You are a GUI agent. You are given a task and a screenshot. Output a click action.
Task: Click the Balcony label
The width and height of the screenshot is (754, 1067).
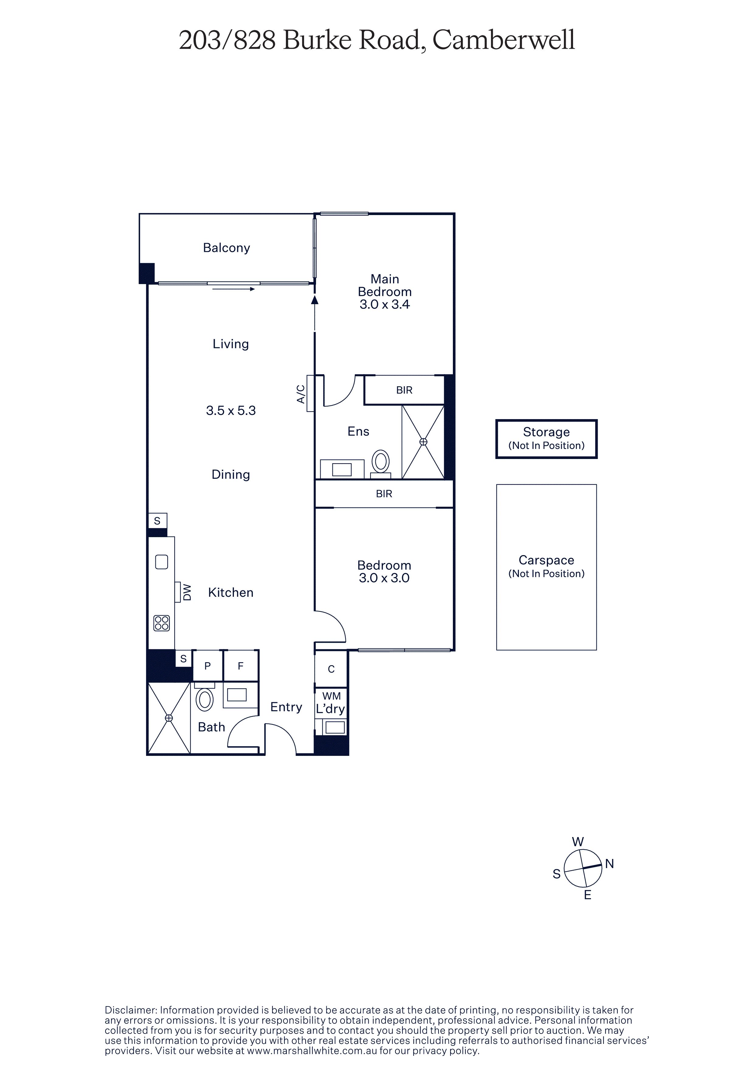[x=226, y=248]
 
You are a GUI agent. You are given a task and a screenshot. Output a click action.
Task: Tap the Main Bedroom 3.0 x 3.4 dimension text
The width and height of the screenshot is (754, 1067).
[x=385, y=304]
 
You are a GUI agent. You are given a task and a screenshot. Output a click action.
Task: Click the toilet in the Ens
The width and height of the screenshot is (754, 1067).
[x=380, y=463]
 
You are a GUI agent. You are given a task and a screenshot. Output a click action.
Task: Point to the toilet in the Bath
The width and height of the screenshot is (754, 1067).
[x=204, y=698]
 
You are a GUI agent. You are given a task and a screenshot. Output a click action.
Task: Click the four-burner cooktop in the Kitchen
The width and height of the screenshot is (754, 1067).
[x=162, y=623]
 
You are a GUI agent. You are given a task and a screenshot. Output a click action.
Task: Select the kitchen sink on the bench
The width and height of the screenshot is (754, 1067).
[x=161, y=562]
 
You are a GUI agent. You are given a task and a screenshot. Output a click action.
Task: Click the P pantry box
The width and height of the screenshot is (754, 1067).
[x=208, y=666]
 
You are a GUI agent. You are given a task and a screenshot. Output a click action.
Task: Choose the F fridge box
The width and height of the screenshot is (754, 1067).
[x=241, y=666]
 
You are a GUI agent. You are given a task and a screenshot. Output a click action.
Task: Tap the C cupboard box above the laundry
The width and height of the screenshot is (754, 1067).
[x=331, y=669]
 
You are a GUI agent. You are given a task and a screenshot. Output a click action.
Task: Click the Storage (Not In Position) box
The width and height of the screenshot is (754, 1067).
[x=546, y=439]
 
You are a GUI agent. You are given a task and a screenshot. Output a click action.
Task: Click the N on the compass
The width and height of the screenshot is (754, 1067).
[x=610, y=864]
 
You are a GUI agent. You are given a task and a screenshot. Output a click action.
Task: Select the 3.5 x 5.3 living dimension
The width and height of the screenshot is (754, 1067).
[x=231, y=410]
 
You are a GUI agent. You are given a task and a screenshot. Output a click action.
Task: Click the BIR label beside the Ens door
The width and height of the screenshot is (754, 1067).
[x=404, y=390]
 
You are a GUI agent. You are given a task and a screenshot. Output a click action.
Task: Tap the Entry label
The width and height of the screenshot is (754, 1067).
[x=286, y=707]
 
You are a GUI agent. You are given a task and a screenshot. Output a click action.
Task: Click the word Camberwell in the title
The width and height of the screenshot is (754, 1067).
[x=504, y=40]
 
